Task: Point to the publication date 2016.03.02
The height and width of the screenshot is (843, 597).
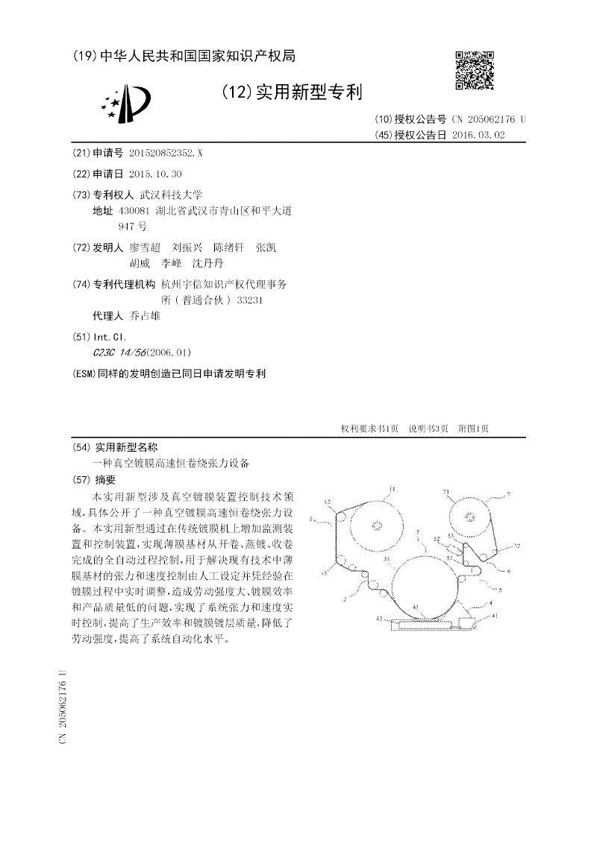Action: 478,135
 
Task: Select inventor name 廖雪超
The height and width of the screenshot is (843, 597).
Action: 145,247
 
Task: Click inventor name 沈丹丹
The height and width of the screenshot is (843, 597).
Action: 207,263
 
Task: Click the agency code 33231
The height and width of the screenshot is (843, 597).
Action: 250,300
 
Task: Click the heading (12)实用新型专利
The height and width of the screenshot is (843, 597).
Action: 292,92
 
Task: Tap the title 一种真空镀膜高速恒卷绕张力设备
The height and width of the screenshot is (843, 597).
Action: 171,463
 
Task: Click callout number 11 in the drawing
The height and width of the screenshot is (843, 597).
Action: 390,490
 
